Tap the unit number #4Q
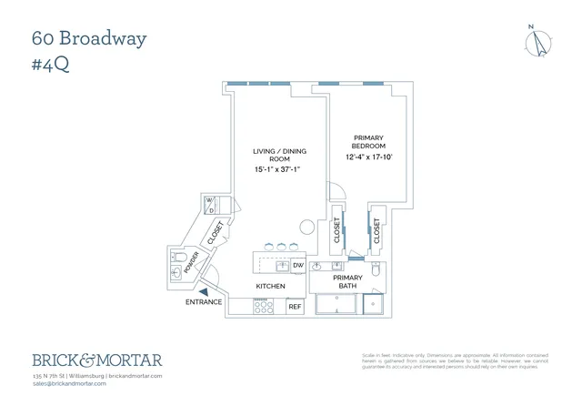(x=52, y=66)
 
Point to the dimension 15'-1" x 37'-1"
(x=279, y=169)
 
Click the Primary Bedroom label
(x=369, y=142)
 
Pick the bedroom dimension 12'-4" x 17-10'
(x=369, y=157)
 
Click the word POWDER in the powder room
(x=191, y=263)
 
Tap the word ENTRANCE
(x=204, y=302)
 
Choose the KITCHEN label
(x=270, y=287)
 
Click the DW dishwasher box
(x=297, y=266)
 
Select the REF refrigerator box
(x=295, y=307)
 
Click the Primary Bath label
(x=347, y=281)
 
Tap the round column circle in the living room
(x=308, y=226)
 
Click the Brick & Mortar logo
(x=97, y=360)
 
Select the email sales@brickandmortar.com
(x=69, y=383)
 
